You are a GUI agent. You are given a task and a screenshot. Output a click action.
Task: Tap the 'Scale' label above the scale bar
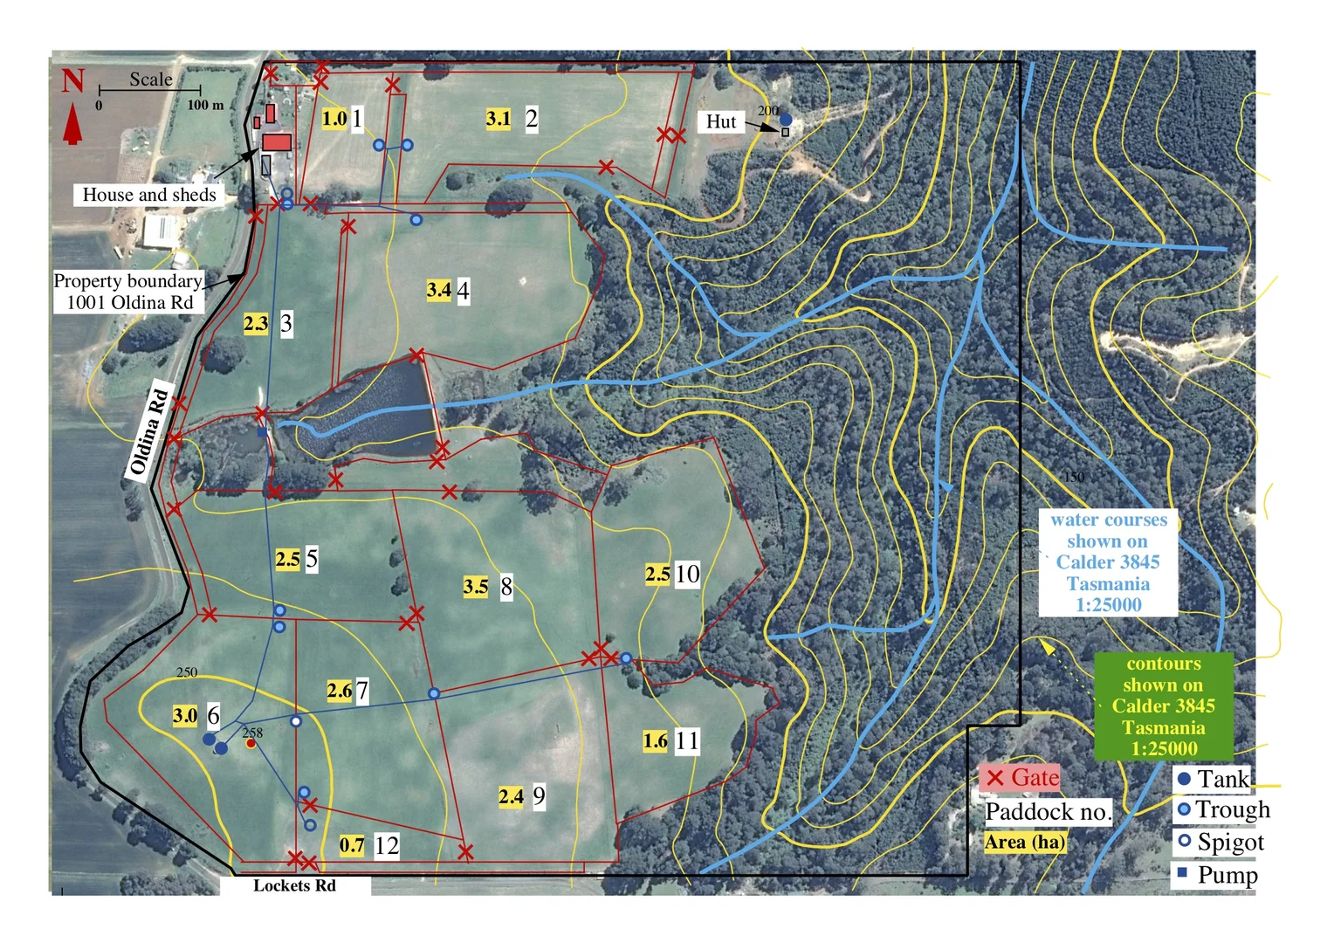tap(150, 79)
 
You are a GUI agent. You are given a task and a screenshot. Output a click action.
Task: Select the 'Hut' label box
tap(721, 121)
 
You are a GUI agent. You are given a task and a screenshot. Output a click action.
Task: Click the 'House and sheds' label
tap(148, 195)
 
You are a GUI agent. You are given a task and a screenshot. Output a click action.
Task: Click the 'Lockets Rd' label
tap(294, 885)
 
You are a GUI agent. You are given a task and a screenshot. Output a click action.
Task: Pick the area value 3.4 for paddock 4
tap(438, 290)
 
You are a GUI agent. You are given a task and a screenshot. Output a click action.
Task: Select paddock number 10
tap(687, 574)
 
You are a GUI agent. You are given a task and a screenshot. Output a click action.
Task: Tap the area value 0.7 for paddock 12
tap(352, 845)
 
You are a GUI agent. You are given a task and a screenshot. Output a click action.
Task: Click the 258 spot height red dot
tap(251, 744)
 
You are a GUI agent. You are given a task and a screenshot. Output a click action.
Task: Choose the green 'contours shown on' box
tap(1163, 706)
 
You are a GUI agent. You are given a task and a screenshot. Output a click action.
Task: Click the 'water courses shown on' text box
tap(1108, 562)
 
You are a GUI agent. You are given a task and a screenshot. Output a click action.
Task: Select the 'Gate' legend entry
tap(1020, 778)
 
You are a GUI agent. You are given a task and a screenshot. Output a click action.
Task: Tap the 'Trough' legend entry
tap(1222, 810)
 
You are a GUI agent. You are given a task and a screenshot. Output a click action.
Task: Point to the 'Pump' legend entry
tap(1217, 874)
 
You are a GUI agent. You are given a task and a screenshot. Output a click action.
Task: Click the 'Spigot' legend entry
tap(1221, 843)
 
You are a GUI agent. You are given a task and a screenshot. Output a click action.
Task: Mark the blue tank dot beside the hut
tap(786, 119)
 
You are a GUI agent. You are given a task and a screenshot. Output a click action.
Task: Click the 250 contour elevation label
tap(187, 672)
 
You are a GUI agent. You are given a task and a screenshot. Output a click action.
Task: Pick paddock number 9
tap(539, 796)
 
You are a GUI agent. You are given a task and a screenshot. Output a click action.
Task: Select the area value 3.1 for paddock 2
tap(498, 119)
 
